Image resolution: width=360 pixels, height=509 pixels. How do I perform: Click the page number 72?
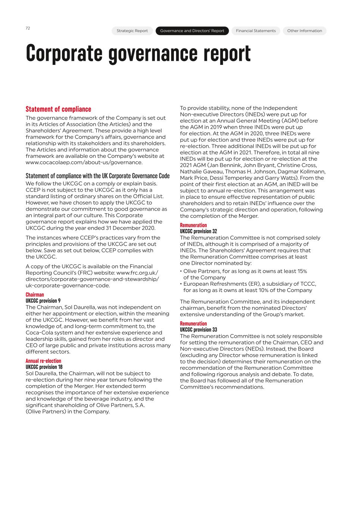pos(28,28)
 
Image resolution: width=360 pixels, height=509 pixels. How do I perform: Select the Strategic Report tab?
pos(132,31)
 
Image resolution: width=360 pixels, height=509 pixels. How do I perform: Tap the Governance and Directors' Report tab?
pos(192,31)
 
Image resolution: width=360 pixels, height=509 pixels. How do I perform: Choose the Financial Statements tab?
pos(256,31)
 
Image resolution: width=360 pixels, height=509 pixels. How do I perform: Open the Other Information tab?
pos(304,31)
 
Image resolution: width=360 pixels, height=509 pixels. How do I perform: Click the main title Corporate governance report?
pos(138,53)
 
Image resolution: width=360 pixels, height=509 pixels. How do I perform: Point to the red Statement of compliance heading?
pos(58,109)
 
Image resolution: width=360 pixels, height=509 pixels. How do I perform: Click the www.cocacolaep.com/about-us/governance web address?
pos(84,163)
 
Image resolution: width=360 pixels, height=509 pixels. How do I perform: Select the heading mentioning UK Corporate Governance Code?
pos(97,176)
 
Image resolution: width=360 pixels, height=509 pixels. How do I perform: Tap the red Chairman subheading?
pos(35,295)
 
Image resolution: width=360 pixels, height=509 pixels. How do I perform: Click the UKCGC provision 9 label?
pos(43,301)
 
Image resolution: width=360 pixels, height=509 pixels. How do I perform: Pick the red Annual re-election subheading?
pos(43,361)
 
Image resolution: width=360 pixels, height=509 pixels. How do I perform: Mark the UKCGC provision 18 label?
pos(44,367)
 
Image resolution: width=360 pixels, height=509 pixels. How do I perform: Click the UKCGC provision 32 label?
pos(198,231)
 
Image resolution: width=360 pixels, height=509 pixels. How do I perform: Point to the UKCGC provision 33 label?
pos(198,330)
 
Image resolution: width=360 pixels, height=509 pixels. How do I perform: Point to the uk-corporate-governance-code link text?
pos(68,286)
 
